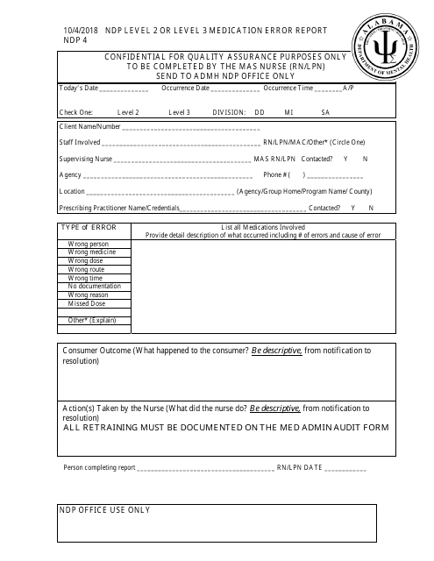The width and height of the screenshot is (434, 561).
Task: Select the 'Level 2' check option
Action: click(130, 113)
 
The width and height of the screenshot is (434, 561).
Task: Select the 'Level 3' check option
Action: click(180, 113)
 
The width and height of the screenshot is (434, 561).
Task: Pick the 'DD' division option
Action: click(260, 113)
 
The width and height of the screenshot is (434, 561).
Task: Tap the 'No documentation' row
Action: click(95, 287)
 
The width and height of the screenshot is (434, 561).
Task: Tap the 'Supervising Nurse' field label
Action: click(88, 159)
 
